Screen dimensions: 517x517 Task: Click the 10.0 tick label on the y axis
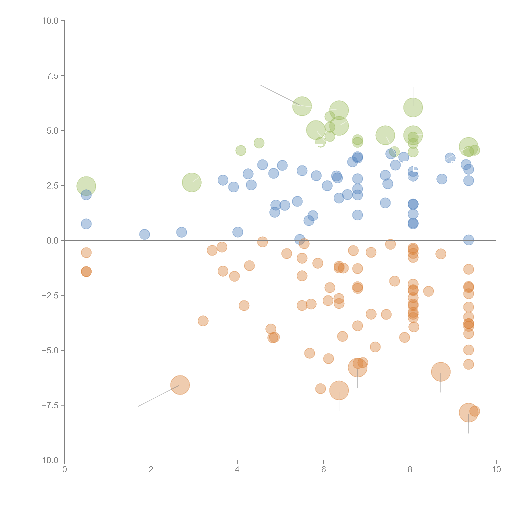pos(50,21)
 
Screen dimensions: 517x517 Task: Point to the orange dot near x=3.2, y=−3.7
pos(203,321)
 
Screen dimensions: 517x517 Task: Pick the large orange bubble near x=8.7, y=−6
pos(441,372)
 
